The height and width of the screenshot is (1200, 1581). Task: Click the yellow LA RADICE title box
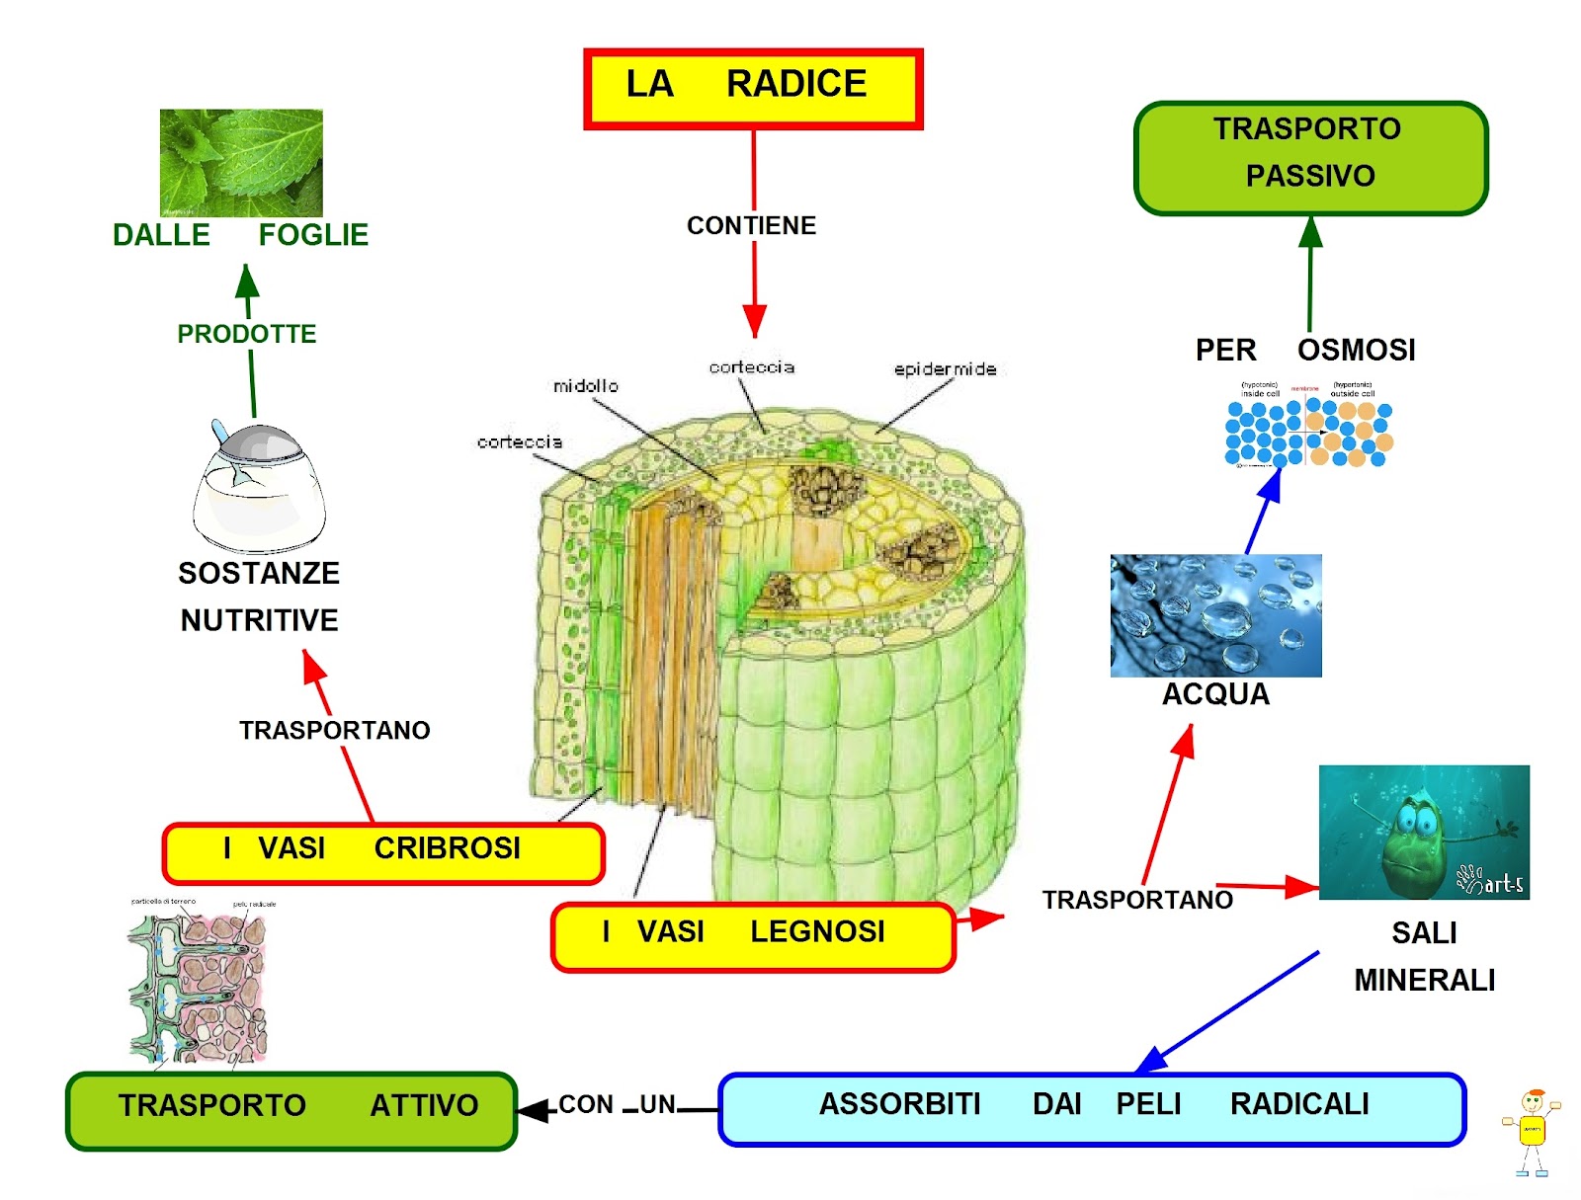752,88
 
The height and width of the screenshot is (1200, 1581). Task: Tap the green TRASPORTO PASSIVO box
1310,157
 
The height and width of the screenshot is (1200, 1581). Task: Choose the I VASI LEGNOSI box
753,935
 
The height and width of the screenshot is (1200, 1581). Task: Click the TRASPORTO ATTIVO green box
291,1110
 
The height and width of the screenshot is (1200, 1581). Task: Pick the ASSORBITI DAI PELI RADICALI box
1091,1108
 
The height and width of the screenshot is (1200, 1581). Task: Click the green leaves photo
241,163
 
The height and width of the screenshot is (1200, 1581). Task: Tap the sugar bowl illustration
258,489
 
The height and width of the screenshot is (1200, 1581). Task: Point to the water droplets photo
1215,614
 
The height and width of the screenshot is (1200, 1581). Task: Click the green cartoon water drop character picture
1423,832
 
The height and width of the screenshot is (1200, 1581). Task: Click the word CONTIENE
751,226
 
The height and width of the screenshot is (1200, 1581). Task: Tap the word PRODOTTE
246,334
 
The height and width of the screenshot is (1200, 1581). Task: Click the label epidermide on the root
944,369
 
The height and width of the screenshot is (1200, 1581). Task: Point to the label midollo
585,386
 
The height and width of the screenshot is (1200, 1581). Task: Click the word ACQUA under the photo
1215,694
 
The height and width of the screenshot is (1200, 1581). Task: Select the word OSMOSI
1356,351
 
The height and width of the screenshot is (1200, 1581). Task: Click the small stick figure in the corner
1531,1131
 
